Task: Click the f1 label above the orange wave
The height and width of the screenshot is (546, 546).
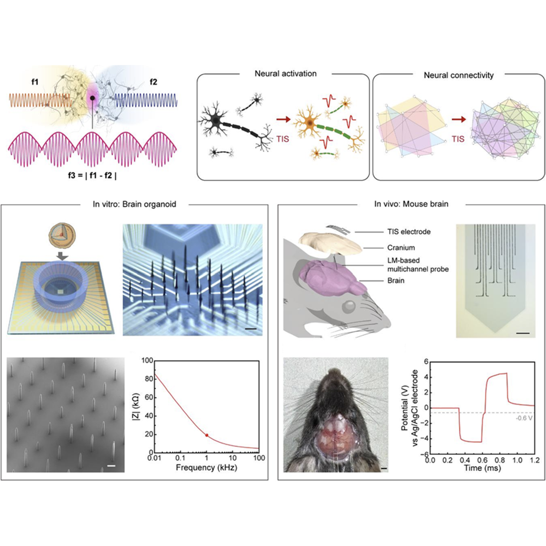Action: tap(35, 82)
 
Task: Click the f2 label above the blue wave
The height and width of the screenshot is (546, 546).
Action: tap(153, 82)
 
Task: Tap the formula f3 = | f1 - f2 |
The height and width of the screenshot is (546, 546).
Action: tap(92, 176)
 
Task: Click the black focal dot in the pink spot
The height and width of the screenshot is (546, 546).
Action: tap(92, 98)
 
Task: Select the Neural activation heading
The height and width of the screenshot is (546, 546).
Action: tap(285, 74)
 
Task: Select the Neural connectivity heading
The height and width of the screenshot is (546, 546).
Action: tap(459, 75)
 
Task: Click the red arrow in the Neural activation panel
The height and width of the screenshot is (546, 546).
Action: tap(284, 119)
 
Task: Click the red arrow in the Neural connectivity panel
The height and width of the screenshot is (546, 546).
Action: tap(459, 119)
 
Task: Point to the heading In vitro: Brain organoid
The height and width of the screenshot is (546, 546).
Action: tap(134, 204)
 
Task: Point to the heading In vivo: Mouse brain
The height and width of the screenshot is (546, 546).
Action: tap(411, 204)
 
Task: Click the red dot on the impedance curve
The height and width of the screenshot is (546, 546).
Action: tap(207, 435)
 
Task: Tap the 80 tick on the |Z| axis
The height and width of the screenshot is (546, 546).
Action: tap(149, 379)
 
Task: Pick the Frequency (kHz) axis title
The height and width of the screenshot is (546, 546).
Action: tap(206, 467)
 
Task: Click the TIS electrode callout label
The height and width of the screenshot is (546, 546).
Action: tap(409, 232)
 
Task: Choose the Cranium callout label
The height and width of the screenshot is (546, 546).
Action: tap(401, 248)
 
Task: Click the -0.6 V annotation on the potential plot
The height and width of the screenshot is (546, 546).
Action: tap(524, 418)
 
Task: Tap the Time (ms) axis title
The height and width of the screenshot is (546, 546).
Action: tap(482, 468)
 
